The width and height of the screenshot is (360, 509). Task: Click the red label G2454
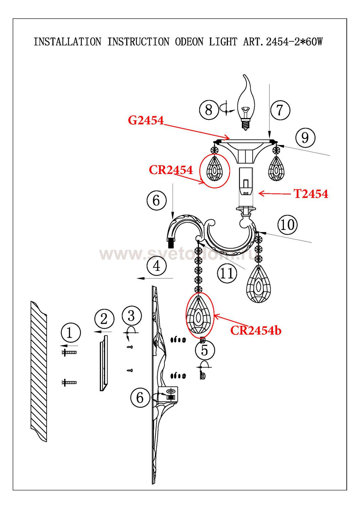tap(146, 120)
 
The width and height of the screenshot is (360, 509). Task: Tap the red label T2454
tap(311, 194)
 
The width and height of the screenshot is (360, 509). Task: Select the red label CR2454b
tap(256, 330)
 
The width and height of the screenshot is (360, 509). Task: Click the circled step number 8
tap(209, 110)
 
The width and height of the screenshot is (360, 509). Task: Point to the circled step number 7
tap(280, 110)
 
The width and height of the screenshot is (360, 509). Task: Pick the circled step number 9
tap(305, 138)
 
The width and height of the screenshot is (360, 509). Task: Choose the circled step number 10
tap(287, 225)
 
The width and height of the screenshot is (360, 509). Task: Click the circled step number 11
tap(227, 273)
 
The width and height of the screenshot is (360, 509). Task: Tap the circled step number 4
tap(157, 266)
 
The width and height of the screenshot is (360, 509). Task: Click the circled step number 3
tap(131, 316)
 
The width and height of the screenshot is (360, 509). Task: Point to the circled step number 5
tap(204, 350)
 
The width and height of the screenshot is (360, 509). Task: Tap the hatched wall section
tap(39, 372)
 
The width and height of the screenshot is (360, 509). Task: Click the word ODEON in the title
tap(189, 42)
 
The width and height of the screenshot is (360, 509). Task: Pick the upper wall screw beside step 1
tap(69, 353)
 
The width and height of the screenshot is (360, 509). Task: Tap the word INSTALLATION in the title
tap(67, 42)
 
